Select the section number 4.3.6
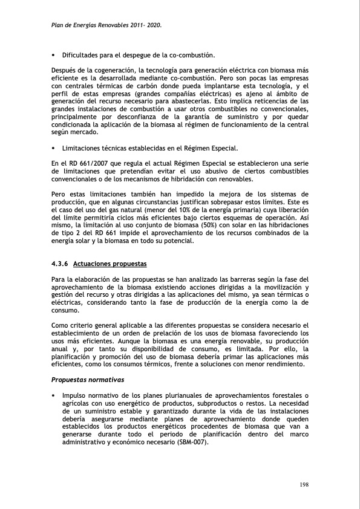click(x=61, y=264)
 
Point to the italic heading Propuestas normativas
click(x=88, y=380)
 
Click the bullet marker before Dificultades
click(x=54, y=55)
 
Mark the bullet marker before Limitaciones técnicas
click(x=54, y=148)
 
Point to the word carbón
click(x=150, y=86)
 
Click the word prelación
click(x=178, y=333)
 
